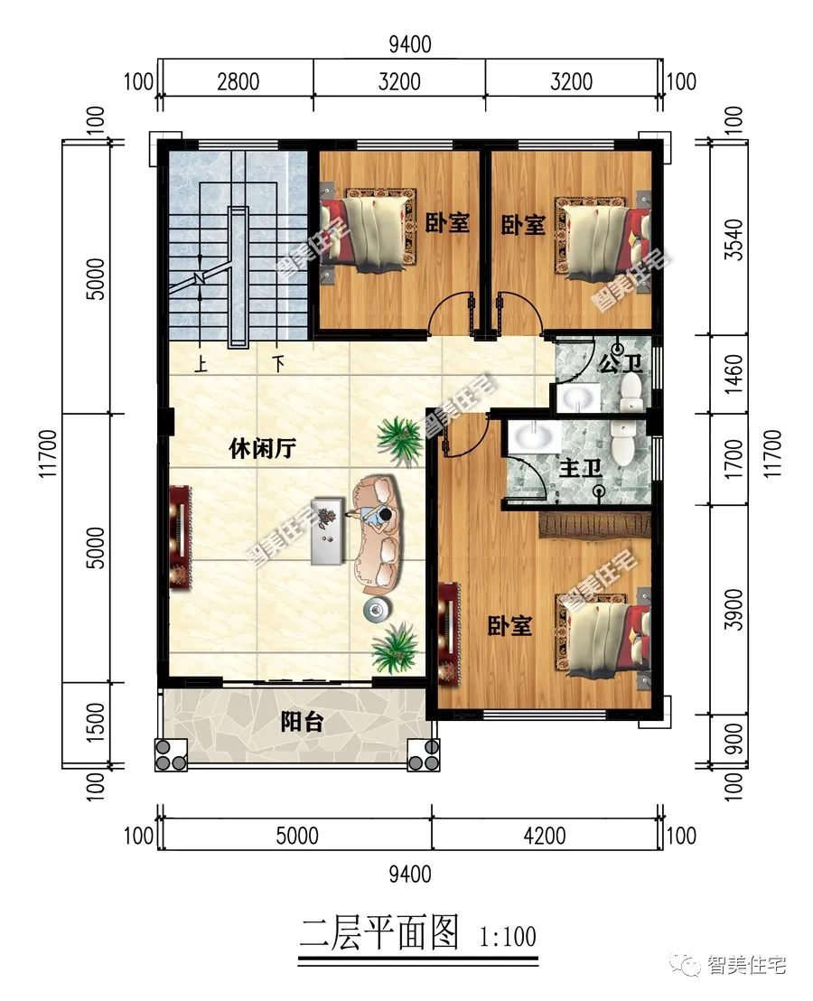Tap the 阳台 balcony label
click(x=301, y=722)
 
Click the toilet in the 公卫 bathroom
click(x=631, y=387)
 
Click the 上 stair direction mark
click(x=198, y=365)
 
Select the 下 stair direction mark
click(x=277, y=365)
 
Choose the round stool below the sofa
click(x=377, y=610)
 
